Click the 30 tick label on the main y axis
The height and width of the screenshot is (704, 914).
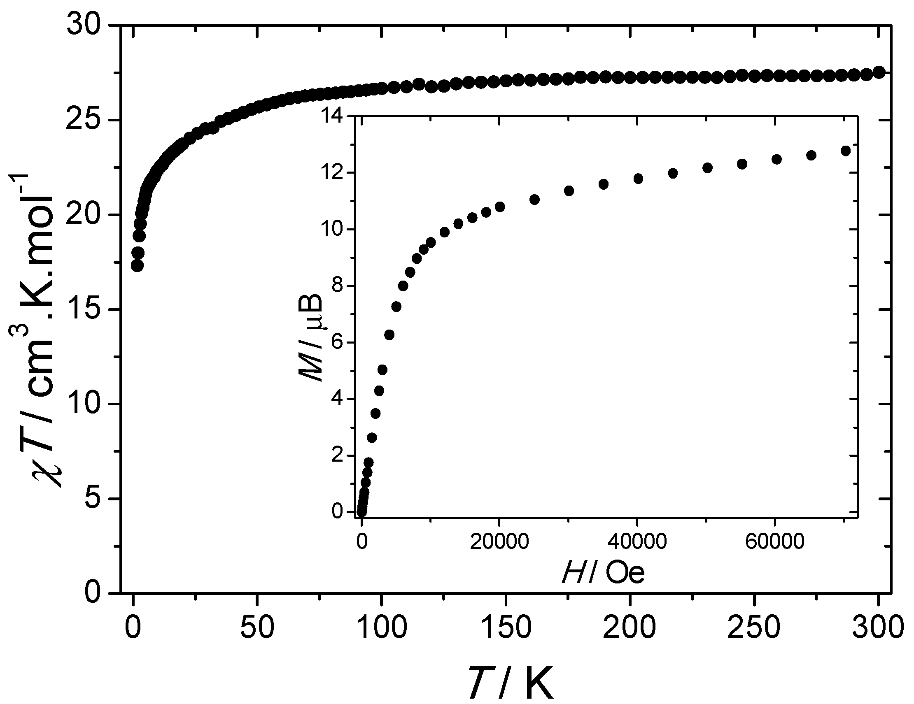click(x=84, y=26)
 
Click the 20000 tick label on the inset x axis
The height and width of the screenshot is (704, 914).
click(x=499, y=542)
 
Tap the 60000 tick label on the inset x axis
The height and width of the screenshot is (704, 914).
click(x=775, y=542)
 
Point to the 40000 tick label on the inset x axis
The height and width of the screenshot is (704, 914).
click(x=637, y=542)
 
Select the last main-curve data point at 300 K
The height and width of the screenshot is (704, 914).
click(x=879, y=72)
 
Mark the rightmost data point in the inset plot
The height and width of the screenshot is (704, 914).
click(x=845, y=151)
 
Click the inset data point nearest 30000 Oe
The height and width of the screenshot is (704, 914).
click(x=569, y=191)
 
